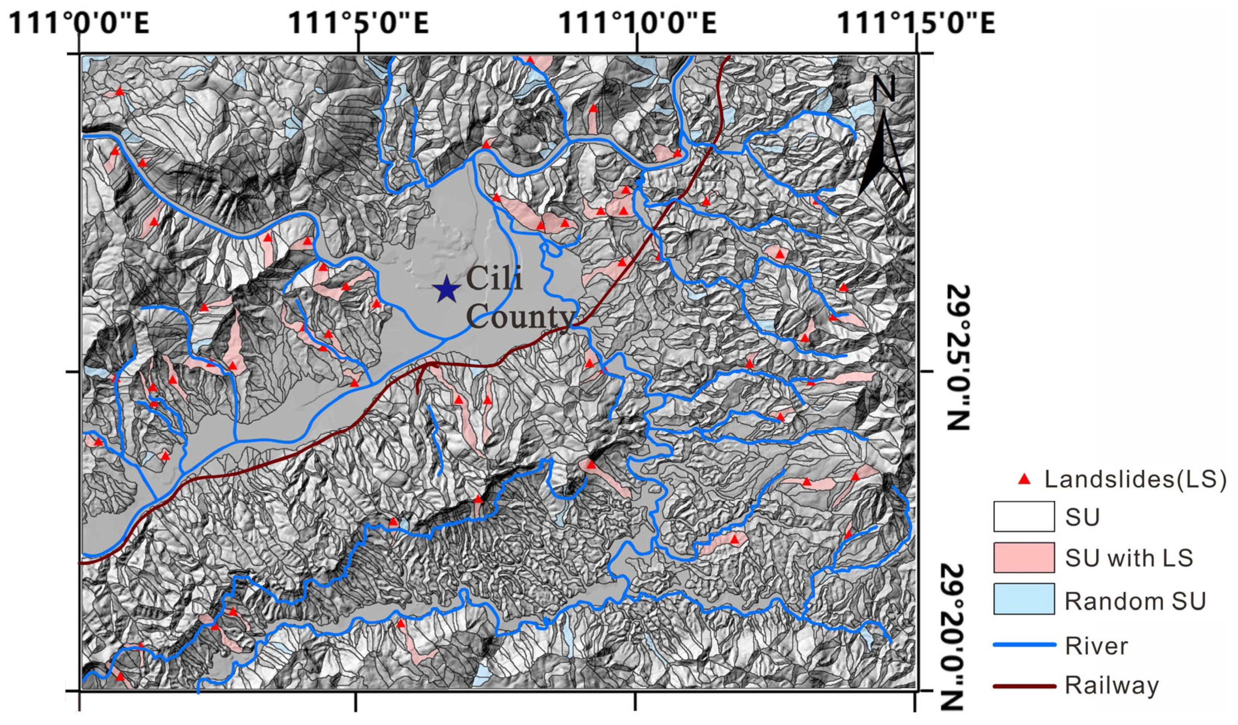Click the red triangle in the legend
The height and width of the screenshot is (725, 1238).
coord(1024,479)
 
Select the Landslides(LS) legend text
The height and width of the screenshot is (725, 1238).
coord(1135,479)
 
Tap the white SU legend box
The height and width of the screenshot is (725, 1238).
coord(1023,517)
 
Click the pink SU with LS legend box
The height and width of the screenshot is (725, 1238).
coord(1023,557)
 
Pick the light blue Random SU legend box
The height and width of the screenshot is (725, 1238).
coord(1023,599)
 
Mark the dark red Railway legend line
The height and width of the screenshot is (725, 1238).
coord(1024,686)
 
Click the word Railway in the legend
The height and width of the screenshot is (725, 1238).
coord(1111,686)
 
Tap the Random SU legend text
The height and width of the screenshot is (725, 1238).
coord(1135,601)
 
